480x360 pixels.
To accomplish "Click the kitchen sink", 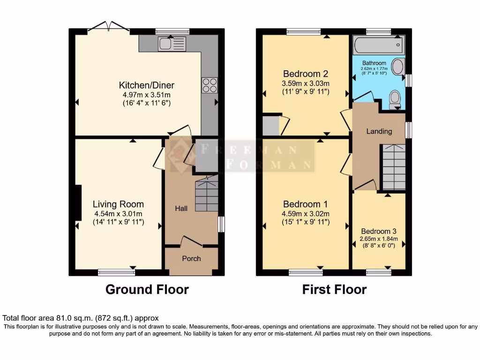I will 172,45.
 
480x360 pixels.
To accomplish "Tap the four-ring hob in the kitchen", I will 209,86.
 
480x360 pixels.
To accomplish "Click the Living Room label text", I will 118,204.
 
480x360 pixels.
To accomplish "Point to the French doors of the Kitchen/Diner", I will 109,27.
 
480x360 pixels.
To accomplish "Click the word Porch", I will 191,258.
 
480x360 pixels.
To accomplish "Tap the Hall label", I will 181,208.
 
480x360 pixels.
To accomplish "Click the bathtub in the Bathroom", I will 379,46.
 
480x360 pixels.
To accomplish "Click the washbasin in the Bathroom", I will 397,67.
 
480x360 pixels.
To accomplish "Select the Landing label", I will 379,131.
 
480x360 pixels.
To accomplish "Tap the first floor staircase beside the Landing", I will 394,166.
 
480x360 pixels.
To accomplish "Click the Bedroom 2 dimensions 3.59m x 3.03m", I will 306,84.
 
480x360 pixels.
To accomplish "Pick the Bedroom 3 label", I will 379,231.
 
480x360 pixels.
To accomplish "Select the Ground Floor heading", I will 147,289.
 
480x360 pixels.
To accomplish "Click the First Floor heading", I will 334,289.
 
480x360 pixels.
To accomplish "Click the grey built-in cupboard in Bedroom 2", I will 271,126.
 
